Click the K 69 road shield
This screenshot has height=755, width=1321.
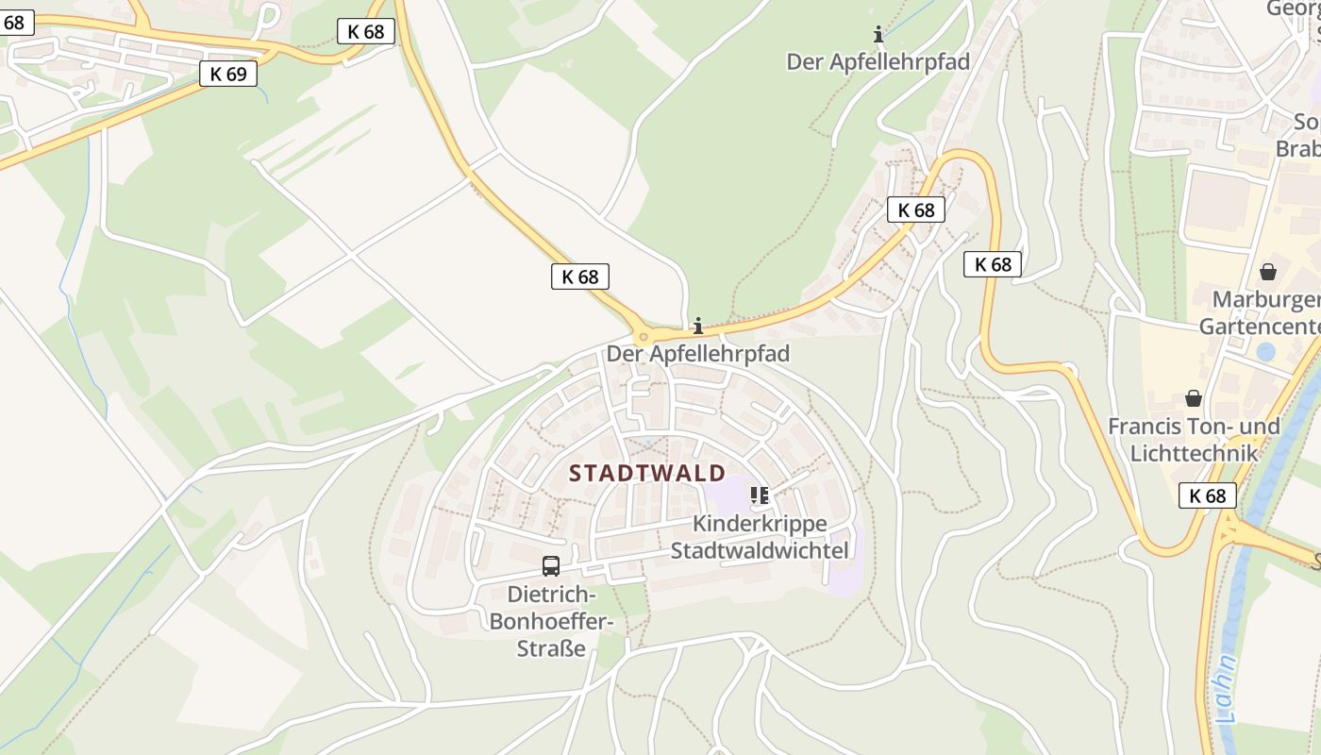tap(228, 74)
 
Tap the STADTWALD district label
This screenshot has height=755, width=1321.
tap(647, 473)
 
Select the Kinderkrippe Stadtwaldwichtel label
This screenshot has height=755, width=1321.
tap(760, 537)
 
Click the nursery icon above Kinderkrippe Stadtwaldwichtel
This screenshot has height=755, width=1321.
tap(760, 495)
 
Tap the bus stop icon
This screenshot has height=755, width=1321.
tap(551, 566)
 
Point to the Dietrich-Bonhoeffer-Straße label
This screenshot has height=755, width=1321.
tap(552, 622)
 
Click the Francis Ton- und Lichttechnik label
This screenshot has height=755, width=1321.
tap(1194, 439)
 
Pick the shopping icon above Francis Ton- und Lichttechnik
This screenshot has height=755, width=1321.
tap(1194, 398)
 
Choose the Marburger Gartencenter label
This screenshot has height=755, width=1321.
tap(1261, 313)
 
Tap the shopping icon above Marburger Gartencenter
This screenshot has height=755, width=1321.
tap(1268, 272)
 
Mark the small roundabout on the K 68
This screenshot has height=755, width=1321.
tap(644, 336)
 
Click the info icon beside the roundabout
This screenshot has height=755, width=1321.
tap(698, 327)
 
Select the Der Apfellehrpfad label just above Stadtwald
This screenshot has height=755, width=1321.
tap(698, 354)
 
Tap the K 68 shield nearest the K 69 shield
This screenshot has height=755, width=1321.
tap(366, 31)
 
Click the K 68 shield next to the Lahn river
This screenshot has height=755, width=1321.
tap(1208, 495)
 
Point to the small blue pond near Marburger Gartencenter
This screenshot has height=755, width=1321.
tap(1265, 352)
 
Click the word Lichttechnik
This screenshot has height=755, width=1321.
tap(1194, 453)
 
